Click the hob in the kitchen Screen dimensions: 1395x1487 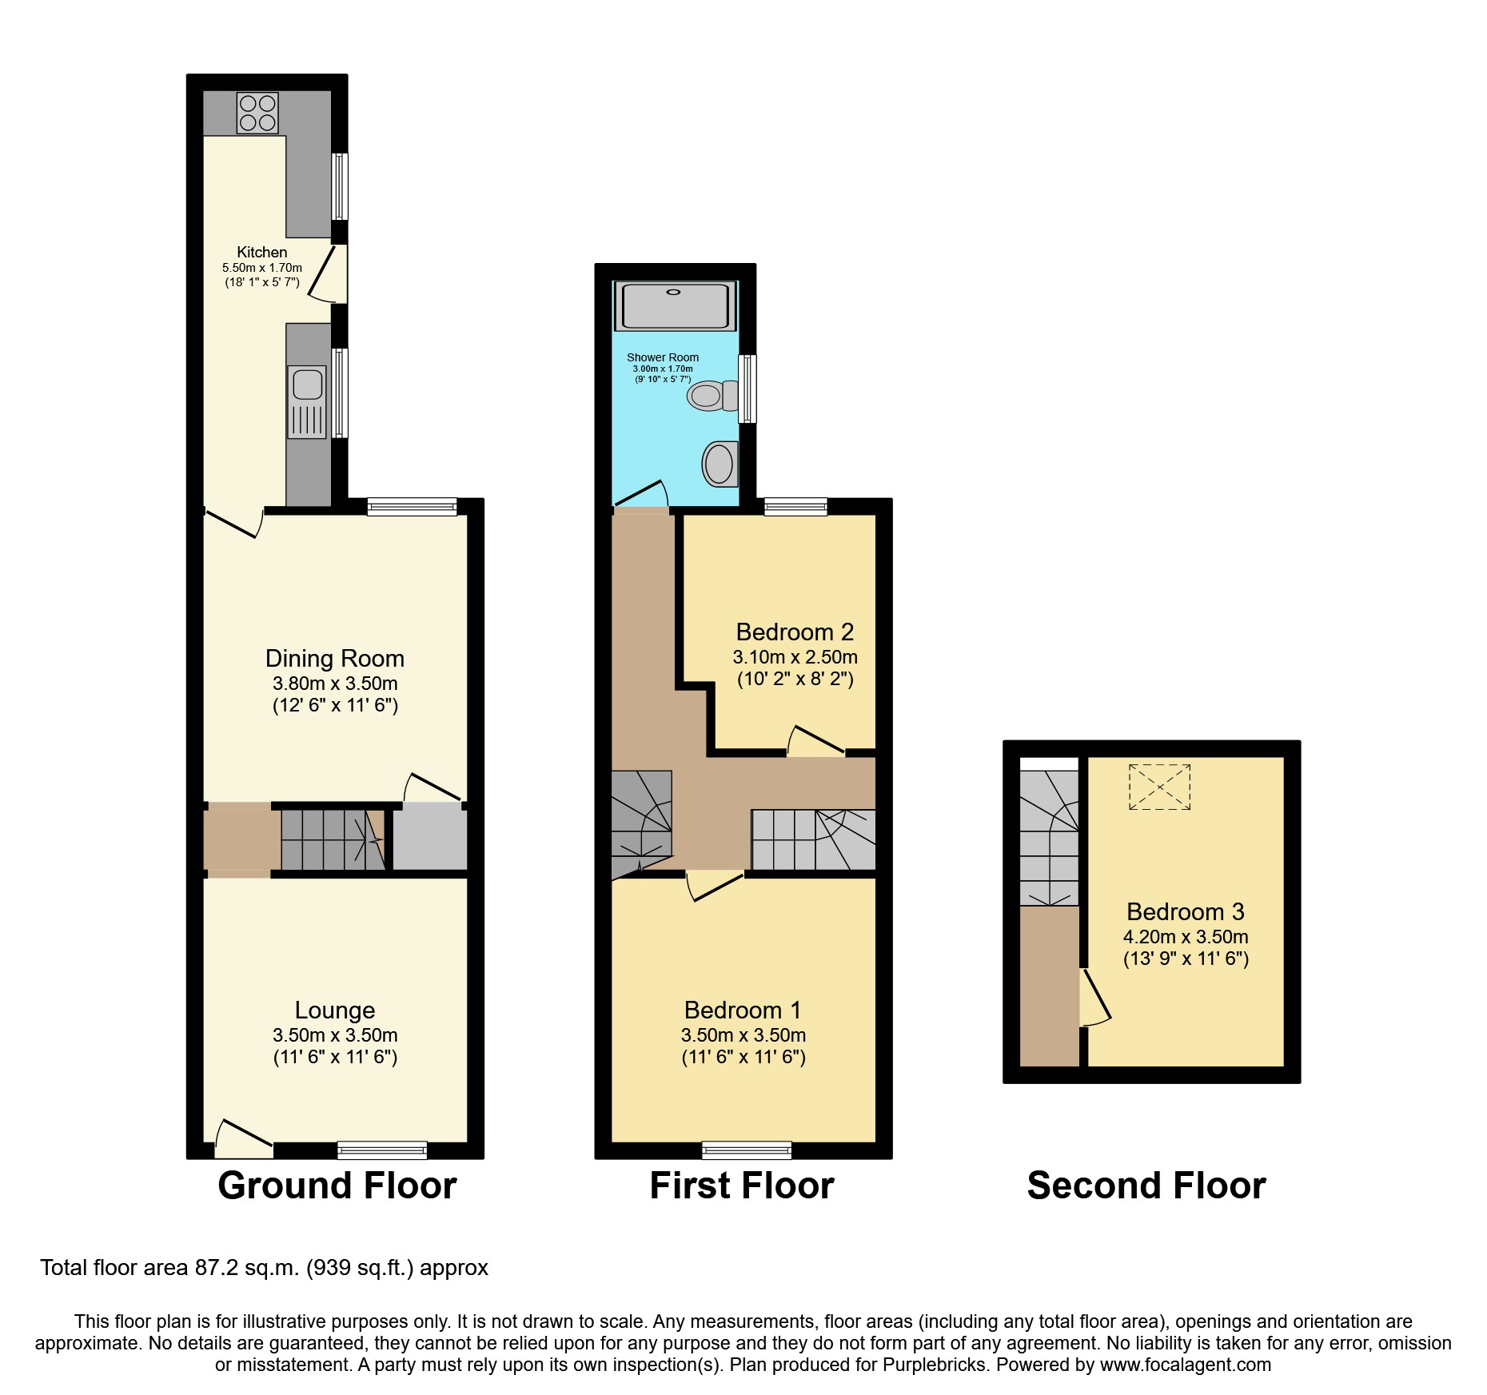(x=257, y=113)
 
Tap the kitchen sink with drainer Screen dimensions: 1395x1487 (x=307, y=402)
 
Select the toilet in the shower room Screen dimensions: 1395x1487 (x=713, y=395)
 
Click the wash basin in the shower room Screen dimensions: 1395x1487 (x=720, y=463)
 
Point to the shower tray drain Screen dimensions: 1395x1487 (x=673, y=293)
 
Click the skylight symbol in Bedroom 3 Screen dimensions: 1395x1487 (x=1159, y=787)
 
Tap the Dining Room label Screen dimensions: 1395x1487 (x=335, y=659)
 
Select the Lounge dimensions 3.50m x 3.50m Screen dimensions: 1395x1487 (x=335, y=1035)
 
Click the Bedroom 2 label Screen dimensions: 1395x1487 (x=795, y=632)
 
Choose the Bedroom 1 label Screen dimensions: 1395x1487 (x=743, y=1010)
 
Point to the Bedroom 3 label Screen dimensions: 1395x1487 (x=1185, y=912)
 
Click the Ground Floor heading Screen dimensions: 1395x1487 (x=337, y=1186)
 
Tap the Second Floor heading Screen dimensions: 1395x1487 (x=1146, y=1186)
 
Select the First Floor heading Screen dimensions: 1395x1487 (x=742, y=1186)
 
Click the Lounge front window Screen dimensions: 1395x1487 (x=382, y=1150)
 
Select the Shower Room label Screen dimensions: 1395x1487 (x=663, y=357)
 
